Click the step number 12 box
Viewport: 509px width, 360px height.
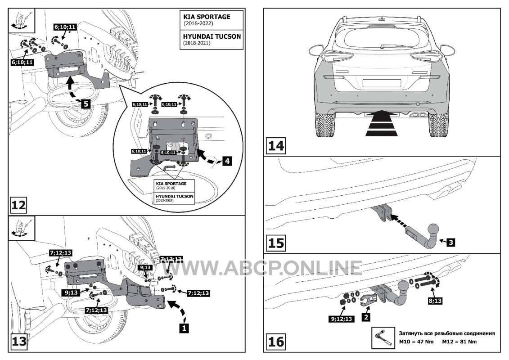point(19,206)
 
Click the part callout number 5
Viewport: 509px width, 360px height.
point(86,103)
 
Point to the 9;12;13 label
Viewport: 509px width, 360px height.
point(341,319)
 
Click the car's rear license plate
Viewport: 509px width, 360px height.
point(382,83)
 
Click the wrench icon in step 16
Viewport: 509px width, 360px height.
point(381,338)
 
